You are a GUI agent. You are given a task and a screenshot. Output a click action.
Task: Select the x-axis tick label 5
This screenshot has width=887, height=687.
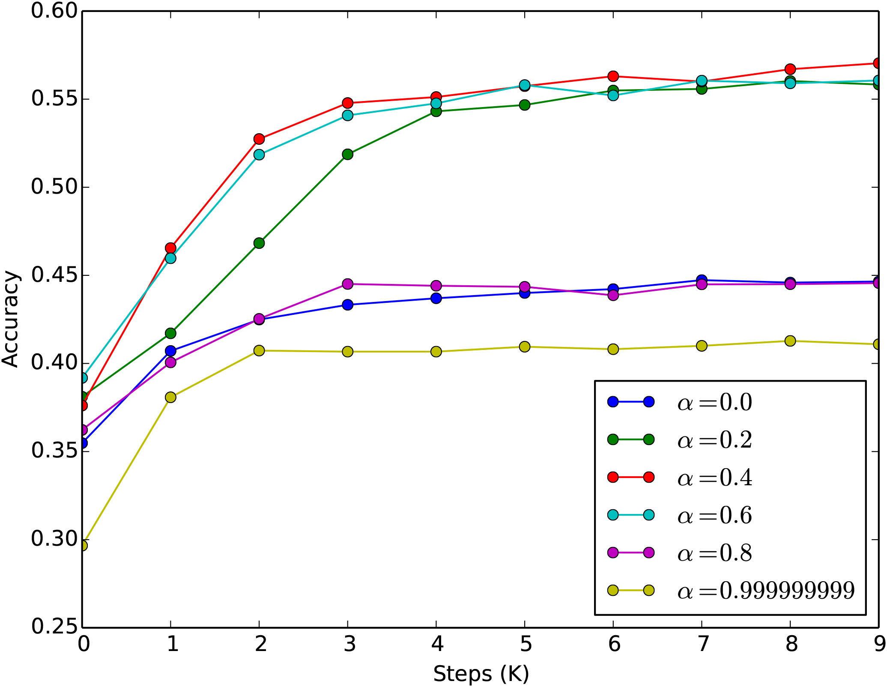click(x=525, y=644)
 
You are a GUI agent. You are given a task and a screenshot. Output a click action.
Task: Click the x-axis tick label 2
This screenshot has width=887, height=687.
click(x=260, y=644)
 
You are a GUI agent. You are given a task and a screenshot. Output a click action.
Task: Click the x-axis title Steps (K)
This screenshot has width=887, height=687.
click(x=481, y=674)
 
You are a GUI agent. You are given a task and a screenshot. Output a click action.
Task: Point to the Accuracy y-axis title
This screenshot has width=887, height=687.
click(x=10, y=319)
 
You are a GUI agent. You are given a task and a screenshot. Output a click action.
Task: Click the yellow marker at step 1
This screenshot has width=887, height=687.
click(x=170, y=397)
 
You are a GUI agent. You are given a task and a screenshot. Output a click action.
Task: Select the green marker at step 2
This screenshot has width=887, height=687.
click(x=259, y=243)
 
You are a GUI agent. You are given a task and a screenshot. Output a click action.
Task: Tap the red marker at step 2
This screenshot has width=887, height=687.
click(x=259, y=139)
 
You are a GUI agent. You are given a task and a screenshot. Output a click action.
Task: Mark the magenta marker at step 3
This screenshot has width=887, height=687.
click(x=348, y=284)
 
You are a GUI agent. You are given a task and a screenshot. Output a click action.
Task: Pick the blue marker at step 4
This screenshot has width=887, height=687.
click(x=436, y=298)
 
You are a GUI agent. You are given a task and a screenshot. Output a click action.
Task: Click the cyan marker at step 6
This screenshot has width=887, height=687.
click(x=613, y=95)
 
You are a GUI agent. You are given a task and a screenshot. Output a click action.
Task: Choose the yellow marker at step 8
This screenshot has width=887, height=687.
click(x=790, y=341)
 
